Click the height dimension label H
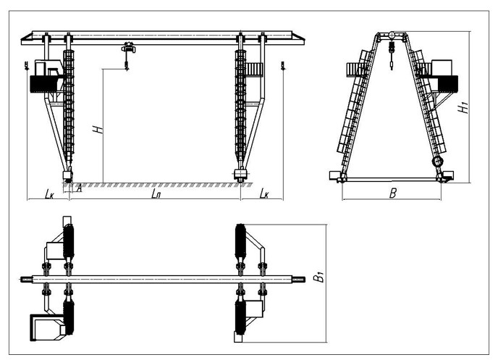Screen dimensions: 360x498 point(96,131)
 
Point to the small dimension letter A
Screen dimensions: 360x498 point(78,190)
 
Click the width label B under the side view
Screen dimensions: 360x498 point(392,194)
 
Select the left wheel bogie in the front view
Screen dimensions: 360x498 point(68,175)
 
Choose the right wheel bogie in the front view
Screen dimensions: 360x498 point(241,175)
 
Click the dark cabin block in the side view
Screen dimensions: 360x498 point(450,83)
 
